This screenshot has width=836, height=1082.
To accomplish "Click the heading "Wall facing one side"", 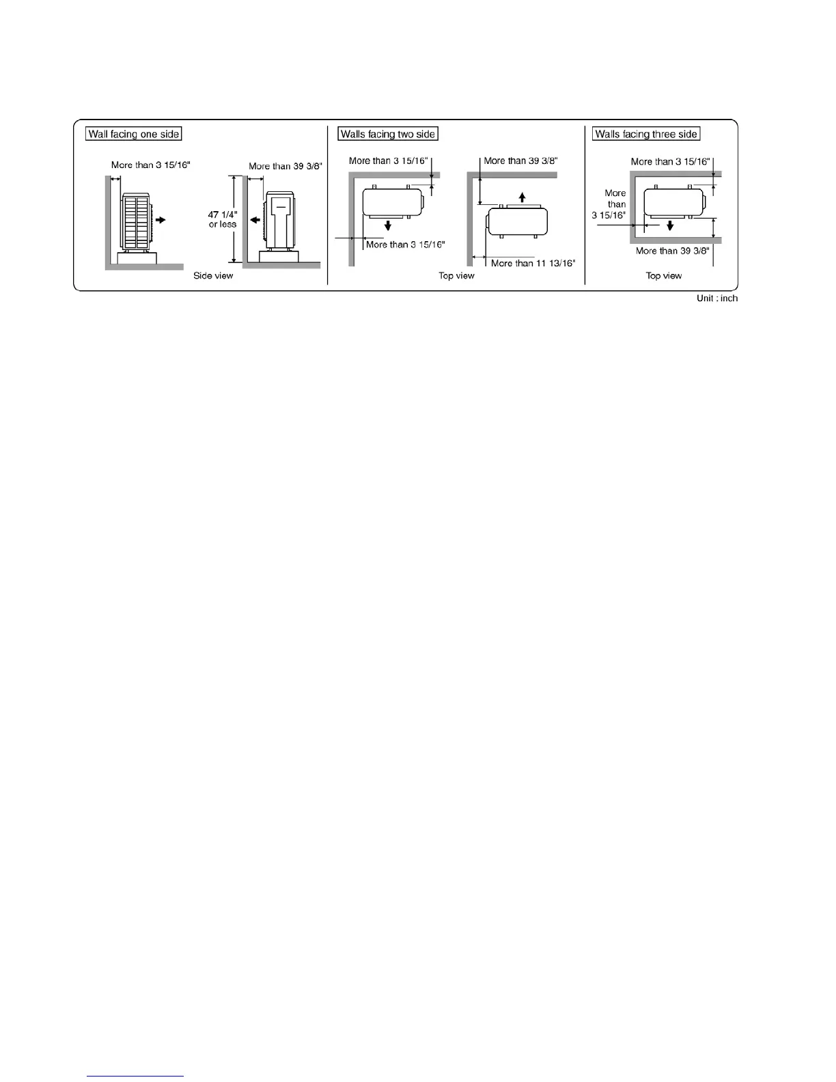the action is coord(134,134).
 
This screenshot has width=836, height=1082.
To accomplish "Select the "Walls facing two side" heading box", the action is coord(388,134).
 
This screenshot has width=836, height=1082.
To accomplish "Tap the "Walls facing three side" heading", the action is coord(646,134).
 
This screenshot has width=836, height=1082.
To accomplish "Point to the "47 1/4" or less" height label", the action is coord(223,219).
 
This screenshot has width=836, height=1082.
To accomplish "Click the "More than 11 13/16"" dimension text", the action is coord(533,263).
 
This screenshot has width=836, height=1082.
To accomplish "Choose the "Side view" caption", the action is coord(213,276).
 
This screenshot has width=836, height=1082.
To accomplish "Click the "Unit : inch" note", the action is coord(717,299).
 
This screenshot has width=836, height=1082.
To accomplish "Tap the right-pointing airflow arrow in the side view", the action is coord(161,220).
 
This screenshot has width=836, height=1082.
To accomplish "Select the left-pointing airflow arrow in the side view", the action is coord(254,220).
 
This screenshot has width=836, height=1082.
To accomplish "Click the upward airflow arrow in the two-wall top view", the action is coord(522,197).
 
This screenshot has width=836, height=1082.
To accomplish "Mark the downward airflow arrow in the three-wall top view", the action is coord(670,225).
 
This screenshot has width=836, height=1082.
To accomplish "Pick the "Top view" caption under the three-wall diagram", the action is coord(664,276).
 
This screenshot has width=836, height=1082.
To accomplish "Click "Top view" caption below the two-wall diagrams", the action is coord(456,276).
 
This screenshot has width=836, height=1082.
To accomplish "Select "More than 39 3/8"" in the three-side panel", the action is coord(672,251).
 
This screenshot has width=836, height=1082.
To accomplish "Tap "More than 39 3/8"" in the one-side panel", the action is coord(285,166).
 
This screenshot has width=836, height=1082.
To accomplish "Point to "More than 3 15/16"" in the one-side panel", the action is coord(150,165).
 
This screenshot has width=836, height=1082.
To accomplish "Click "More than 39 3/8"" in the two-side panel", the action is coord(520,161).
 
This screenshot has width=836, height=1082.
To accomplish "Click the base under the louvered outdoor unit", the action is coord(137,258).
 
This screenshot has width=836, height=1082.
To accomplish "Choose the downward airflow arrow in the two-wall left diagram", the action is coord(388,225).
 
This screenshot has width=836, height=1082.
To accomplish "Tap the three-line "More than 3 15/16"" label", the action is coord(609,204).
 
